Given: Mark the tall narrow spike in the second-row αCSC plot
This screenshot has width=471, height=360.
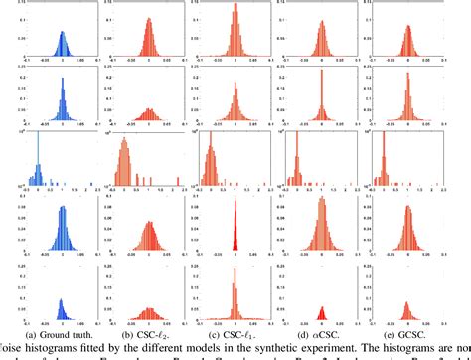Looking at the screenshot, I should [321, 109].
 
